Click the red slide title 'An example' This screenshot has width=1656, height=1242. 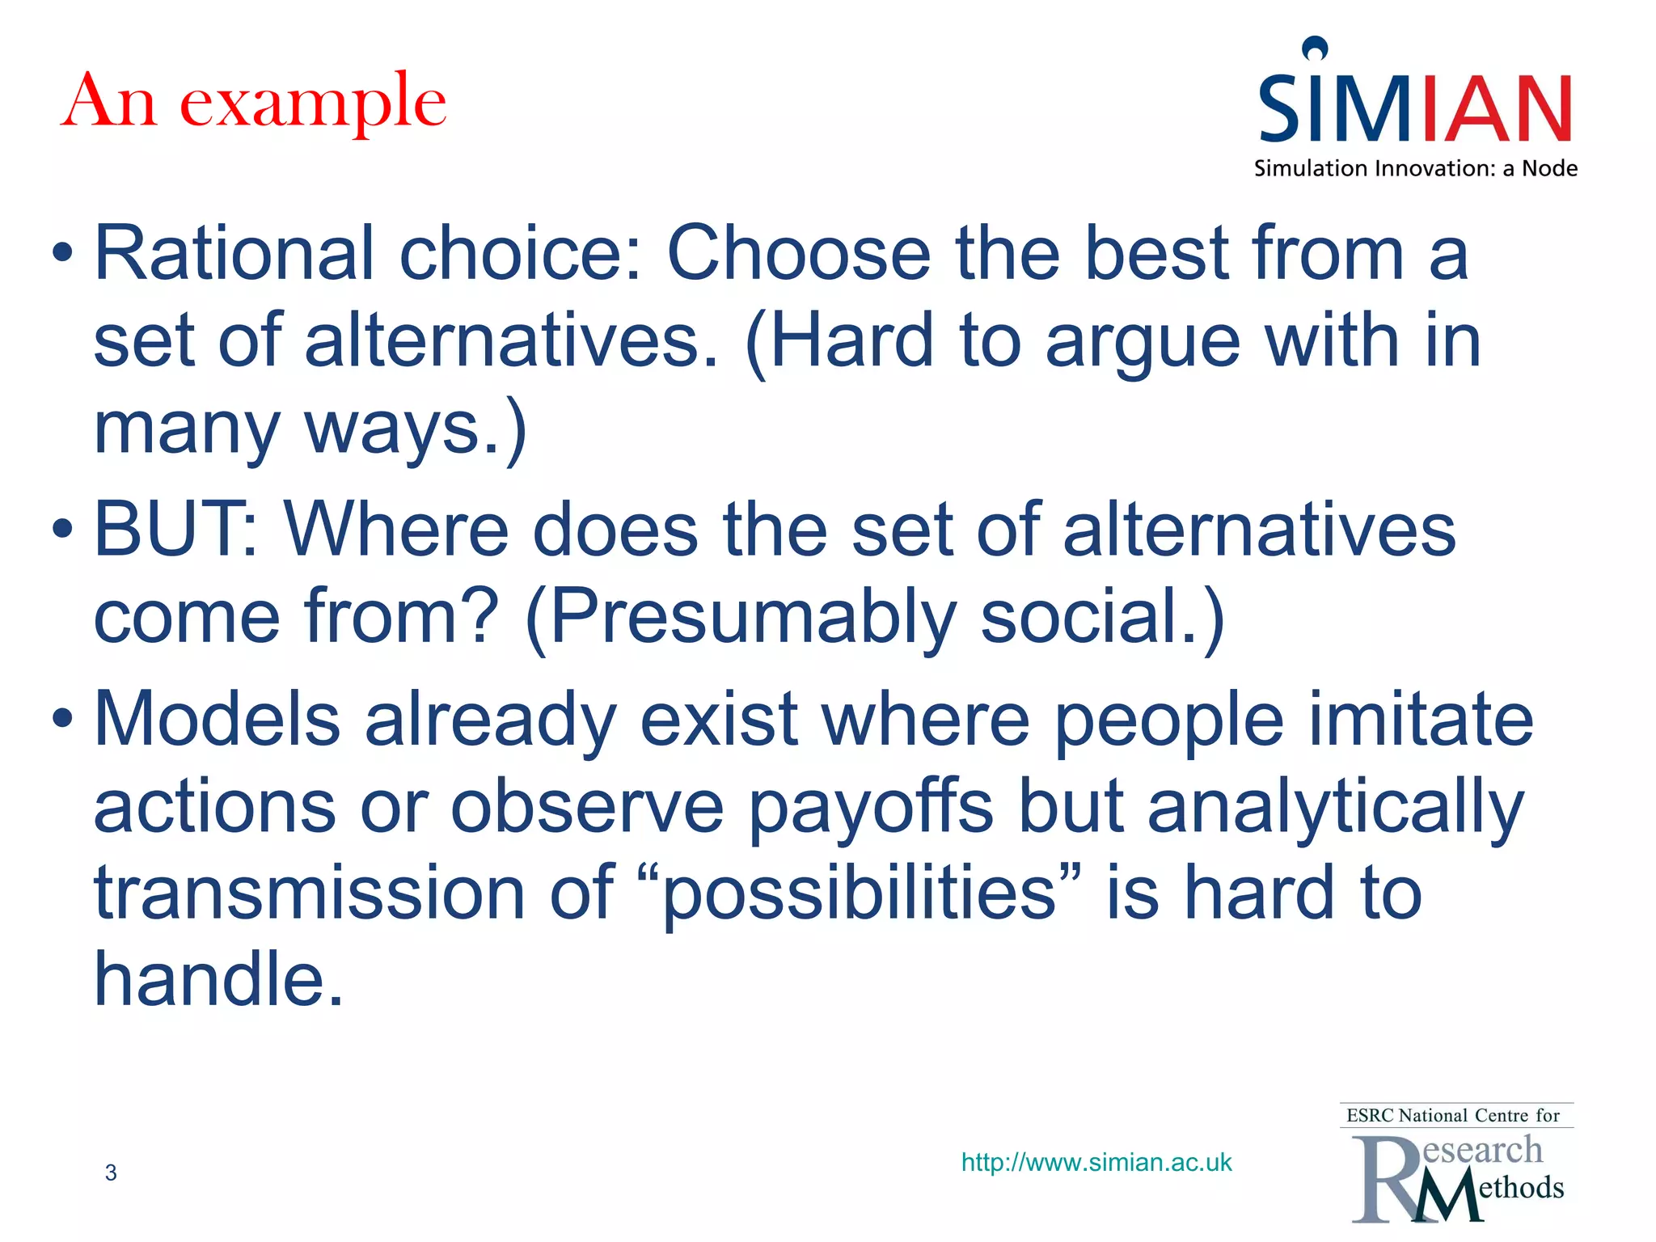point(254,103)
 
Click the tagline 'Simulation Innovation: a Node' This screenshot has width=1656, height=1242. point(1415,168)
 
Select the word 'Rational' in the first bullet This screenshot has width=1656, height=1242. point(234,254)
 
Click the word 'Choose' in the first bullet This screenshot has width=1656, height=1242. point(797,254)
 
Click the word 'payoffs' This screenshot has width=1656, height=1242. point(870,808)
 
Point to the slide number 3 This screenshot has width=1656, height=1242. point(111,1172)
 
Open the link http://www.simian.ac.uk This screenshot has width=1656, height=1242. point(1096,1163)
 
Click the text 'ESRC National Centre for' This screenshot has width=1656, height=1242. point(1452,1116)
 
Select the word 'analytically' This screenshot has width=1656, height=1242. point(1335,808)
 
